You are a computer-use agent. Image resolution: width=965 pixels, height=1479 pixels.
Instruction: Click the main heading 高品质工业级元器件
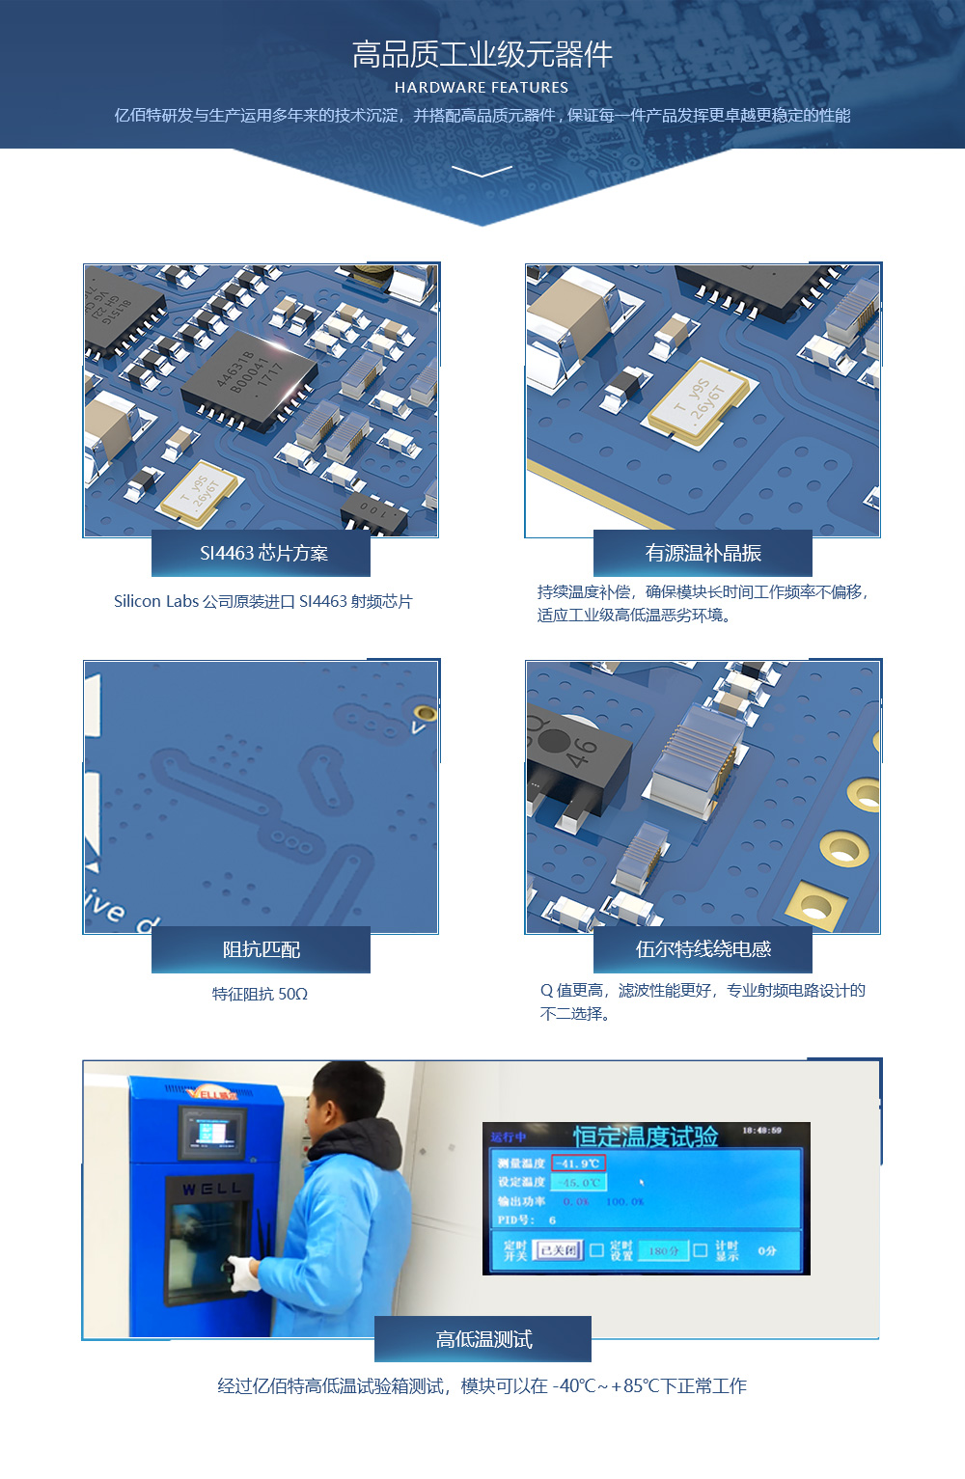click(x=482, y=55)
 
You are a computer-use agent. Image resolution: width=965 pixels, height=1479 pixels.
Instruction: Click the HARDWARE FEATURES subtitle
click(x=482, y=88)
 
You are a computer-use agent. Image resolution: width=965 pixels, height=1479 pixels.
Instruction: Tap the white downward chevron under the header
click(x=482, y=172)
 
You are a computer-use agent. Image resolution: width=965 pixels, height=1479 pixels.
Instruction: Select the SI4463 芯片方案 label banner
click(x=262, y=554)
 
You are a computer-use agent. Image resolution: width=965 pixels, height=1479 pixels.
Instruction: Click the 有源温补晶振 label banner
click(x=703, y=554)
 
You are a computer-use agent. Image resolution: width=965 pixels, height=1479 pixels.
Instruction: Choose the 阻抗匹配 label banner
click(x=262, y=950)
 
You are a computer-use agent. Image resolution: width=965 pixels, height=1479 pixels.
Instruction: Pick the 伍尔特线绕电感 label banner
click(x=703, y=950)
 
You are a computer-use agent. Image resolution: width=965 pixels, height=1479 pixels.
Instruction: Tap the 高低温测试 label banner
click(x=482, y=1340)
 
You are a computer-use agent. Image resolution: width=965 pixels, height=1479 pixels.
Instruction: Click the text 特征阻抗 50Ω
click(x=260, y=995)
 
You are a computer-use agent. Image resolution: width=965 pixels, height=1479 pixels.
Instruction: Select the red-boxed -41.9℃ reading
click(x=578, y=1164)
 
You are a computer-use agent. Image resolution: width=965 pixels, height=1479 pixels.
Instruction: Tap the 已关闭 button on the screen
click(x=559, y=1251)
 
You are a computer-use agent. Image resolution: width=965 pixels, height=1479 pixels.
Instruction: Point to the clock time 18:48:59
click(x=761, y=1131)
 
